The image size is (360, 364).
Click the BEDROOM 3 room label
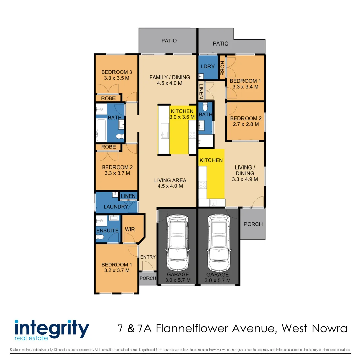[x=117, y=72]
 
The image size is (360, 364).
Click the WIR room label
[x=130, y=229]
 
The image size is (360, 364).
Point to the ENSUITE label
[x=107, y=231]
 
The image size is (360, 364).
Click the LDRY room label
[x=207, y=67]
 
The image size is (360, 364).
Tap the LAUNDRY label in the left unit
[x=116, y=207]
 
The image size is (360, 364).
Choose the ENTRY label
[x=148, y=257]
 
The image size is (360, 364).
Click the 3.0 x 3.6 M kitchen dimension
[x=182, y=117]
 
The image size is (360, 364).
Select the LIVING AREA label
[x=170, y=180]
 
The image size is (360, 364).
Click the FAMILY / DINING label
[x=170, y=77]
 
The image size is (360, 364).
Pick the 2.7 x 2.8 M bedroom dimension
[x=245, y=124]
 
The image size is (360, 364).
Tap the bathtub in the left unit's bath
[x=101, y=130]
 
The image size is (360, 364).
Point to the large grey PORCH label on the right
[x=253, y=224]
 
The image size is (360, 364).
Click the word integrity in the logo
[x=52, y=328]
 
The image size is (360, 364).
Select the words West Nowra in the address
[x=314, y=328]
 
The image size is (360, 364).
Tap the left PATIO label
[x=169, y=41]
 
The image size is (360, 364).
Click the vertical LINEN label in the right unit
[x=201, y=91]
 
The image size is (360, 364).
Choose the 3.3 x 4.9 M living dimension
[x=245, y=179]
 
